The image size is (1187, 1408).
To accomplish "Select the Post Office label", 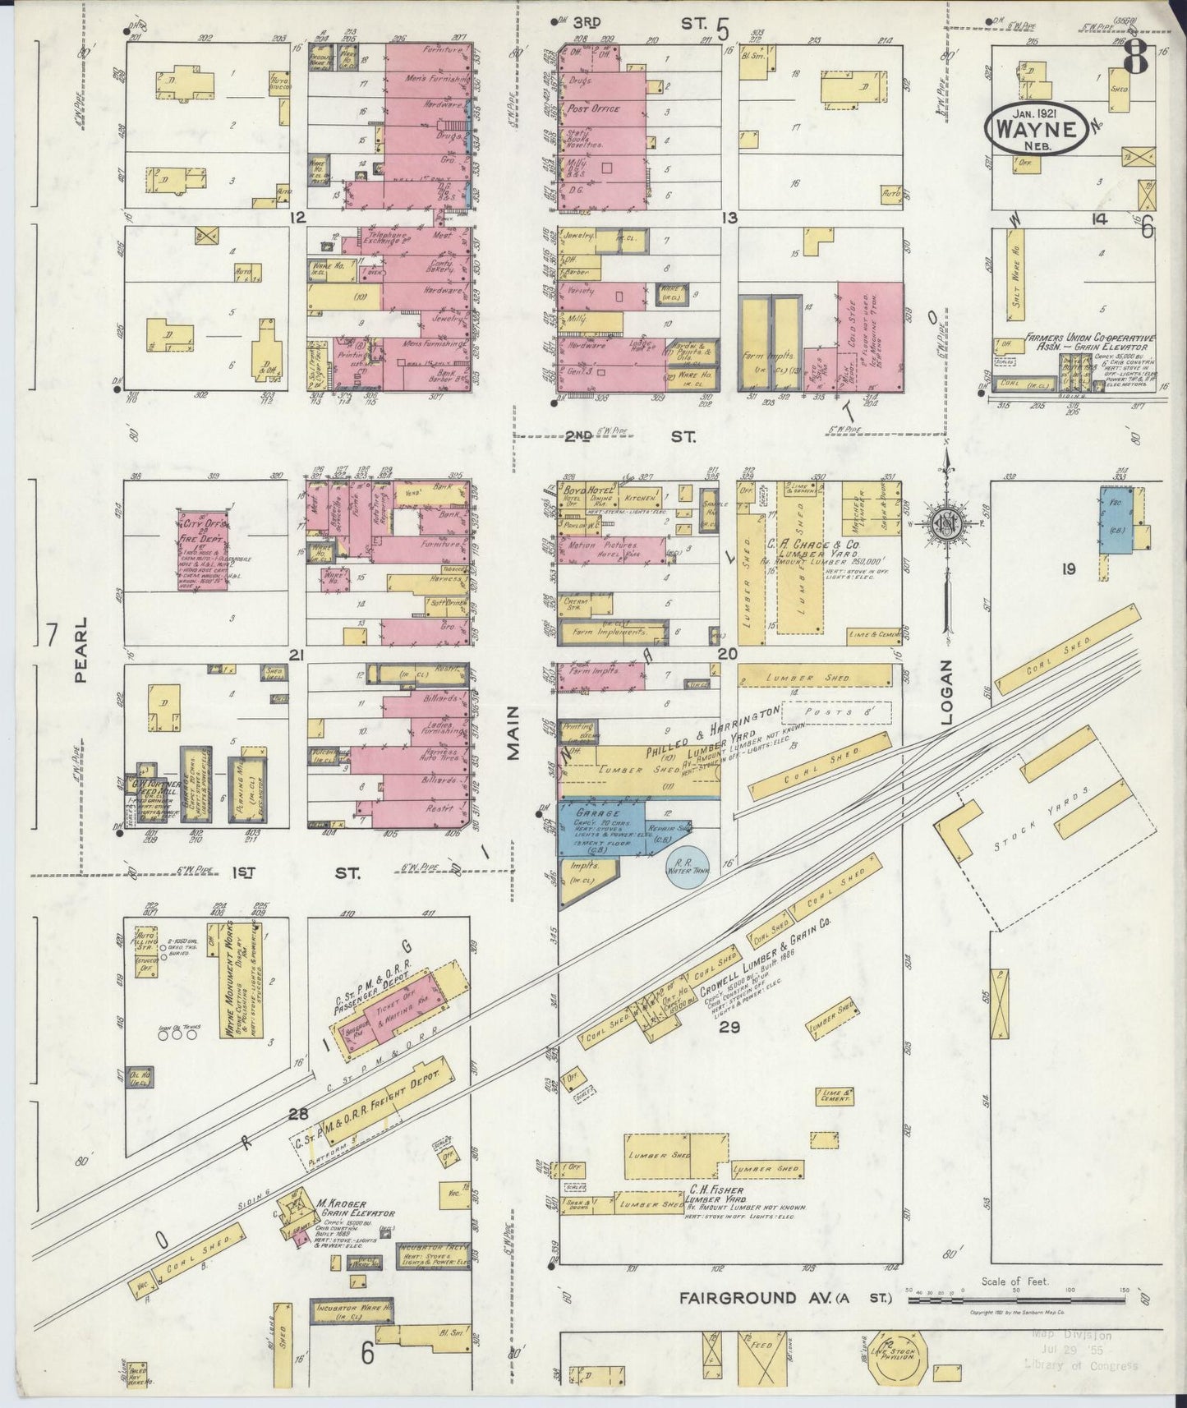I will [592, 108].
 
